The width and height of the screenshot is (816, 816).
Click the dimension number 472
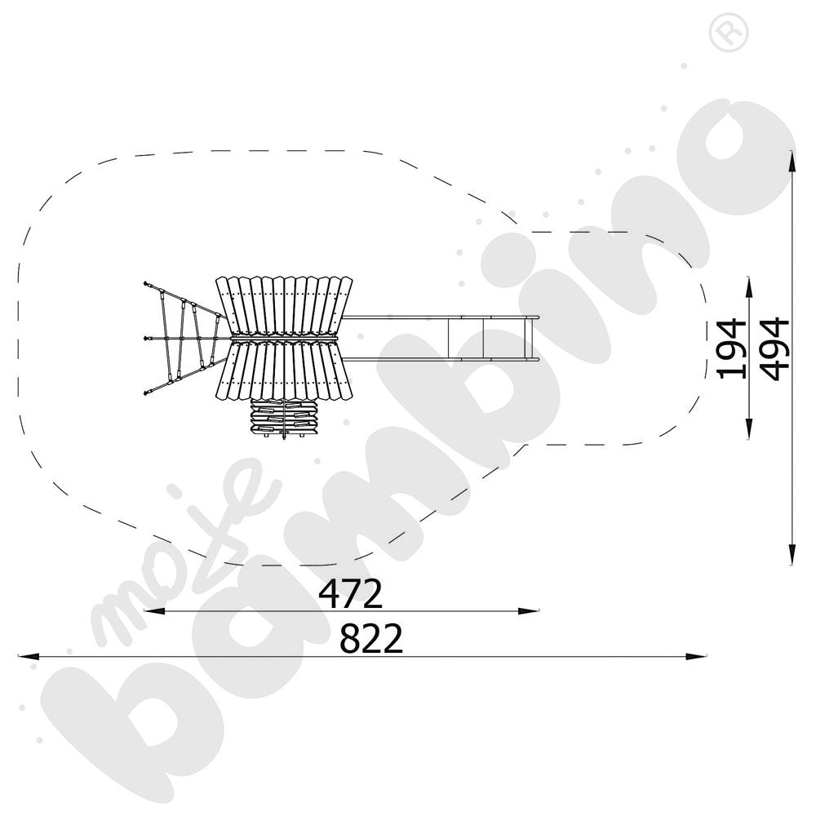coord(350,594)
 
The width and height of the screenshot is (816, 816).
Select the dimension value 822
coord(371,638)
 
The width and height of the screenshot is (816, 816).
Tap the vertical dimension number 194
coord(730,348)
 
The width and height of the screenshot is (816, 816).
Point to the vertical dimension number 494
coord(774,348)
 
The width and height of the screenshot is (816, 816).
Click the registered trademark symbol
coord(729,32)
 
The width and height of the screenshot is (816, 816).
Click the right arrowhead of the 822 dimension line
coord(696,657)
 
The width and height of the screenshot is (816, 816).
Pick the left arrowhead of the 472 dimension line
coord(154,611)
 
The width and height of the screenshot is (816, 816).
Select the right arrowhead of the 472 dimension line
coord(528,611)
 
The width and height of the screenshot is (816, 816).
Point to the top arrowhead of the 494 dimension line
coord(792,161)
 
